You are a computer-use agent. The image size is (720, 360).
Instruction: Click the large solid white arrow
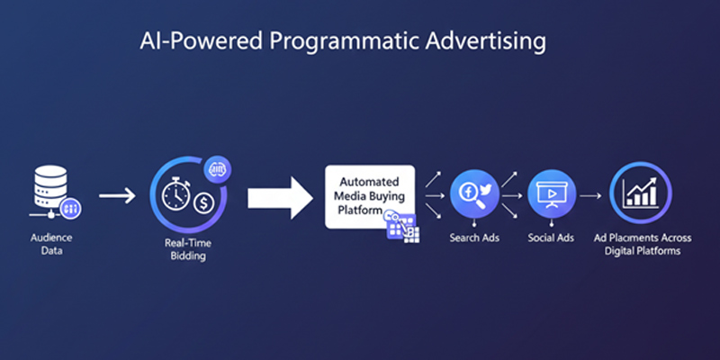279,193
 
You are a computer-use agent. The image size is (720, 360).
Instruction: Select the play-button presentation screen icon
551,193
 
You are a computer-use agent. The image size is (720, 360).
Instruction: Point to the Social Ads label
550,238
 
